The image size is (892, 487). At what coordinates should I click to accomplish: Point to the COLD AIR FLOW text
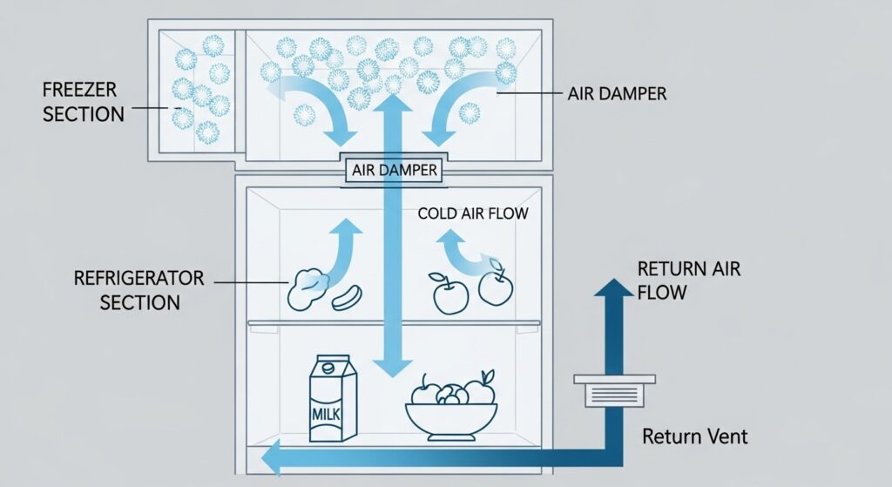pos(472,213)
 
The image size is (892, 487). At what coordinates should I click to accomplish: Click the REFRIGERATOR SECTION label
pos(139,290)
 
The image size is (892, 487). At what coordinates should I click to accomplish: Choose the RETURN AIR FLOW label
pos(688,280)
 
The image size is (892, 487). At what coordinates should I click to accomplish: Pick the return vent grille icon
pos(615,389)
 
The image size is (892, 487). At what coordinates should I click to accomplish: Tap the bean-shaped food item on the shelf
pos(346,294)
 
